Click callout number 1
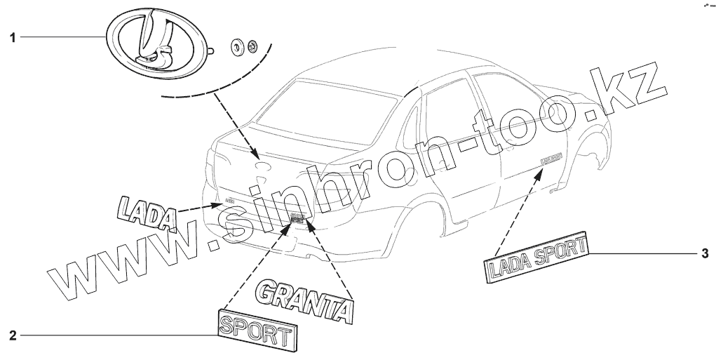(x=13, y=37)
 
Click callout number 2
(x=13, y=335)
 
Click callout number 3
(x=705, y=253)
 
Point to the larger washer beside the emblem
(x=238, y=48)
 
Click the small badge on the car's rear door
(x=553, y=159)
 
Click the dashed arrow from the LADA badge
(x=199, y=207)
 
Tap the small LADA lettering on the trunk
(x=229, y=201)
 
